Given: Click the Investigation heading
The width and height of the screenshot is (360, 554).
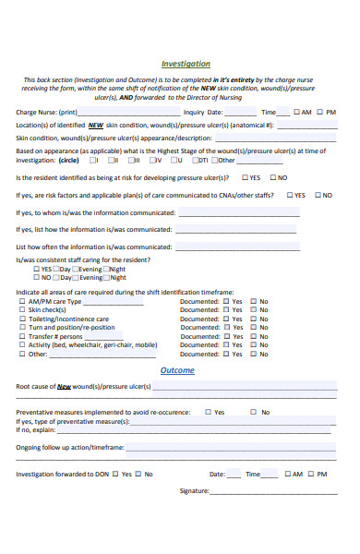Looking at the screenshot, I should coord(186,64).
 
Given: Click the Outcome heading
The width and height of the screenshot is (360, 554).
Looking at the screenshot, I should coord(177,370).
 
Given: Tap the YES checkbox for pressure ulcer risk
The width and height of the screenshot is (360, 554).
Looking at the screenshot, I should coord(245,177).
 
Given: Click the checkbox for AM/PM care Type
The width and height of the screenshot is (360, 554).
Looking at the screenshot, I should coord(22,301).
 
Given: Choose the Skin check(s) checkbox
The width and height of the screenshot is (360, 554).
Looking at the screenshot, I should coord(22,309).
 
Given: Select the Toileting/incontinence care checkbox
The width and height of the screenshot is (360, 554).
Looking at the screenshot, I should coord(22,319).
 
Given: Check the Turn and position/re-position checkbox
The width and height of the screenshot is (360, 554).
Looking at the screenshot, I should coord(22,327).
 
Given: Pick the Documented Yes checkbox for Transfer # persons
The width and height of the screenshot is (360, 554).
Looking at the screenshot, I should coord(226,336).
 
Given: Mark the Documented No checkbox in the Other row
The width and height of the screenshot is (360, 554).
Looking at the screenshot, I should coord(254,354).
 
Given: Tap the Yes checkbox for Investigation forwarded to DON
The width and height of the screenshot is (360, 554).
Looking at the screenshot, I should coord(114,474).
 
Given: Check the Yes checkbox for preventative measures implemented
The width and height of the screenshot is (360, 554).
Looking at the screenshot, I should coord(208,412).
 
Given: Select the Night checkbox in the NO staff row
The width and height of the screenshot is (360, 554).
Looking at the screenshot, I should coord(104,277).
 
